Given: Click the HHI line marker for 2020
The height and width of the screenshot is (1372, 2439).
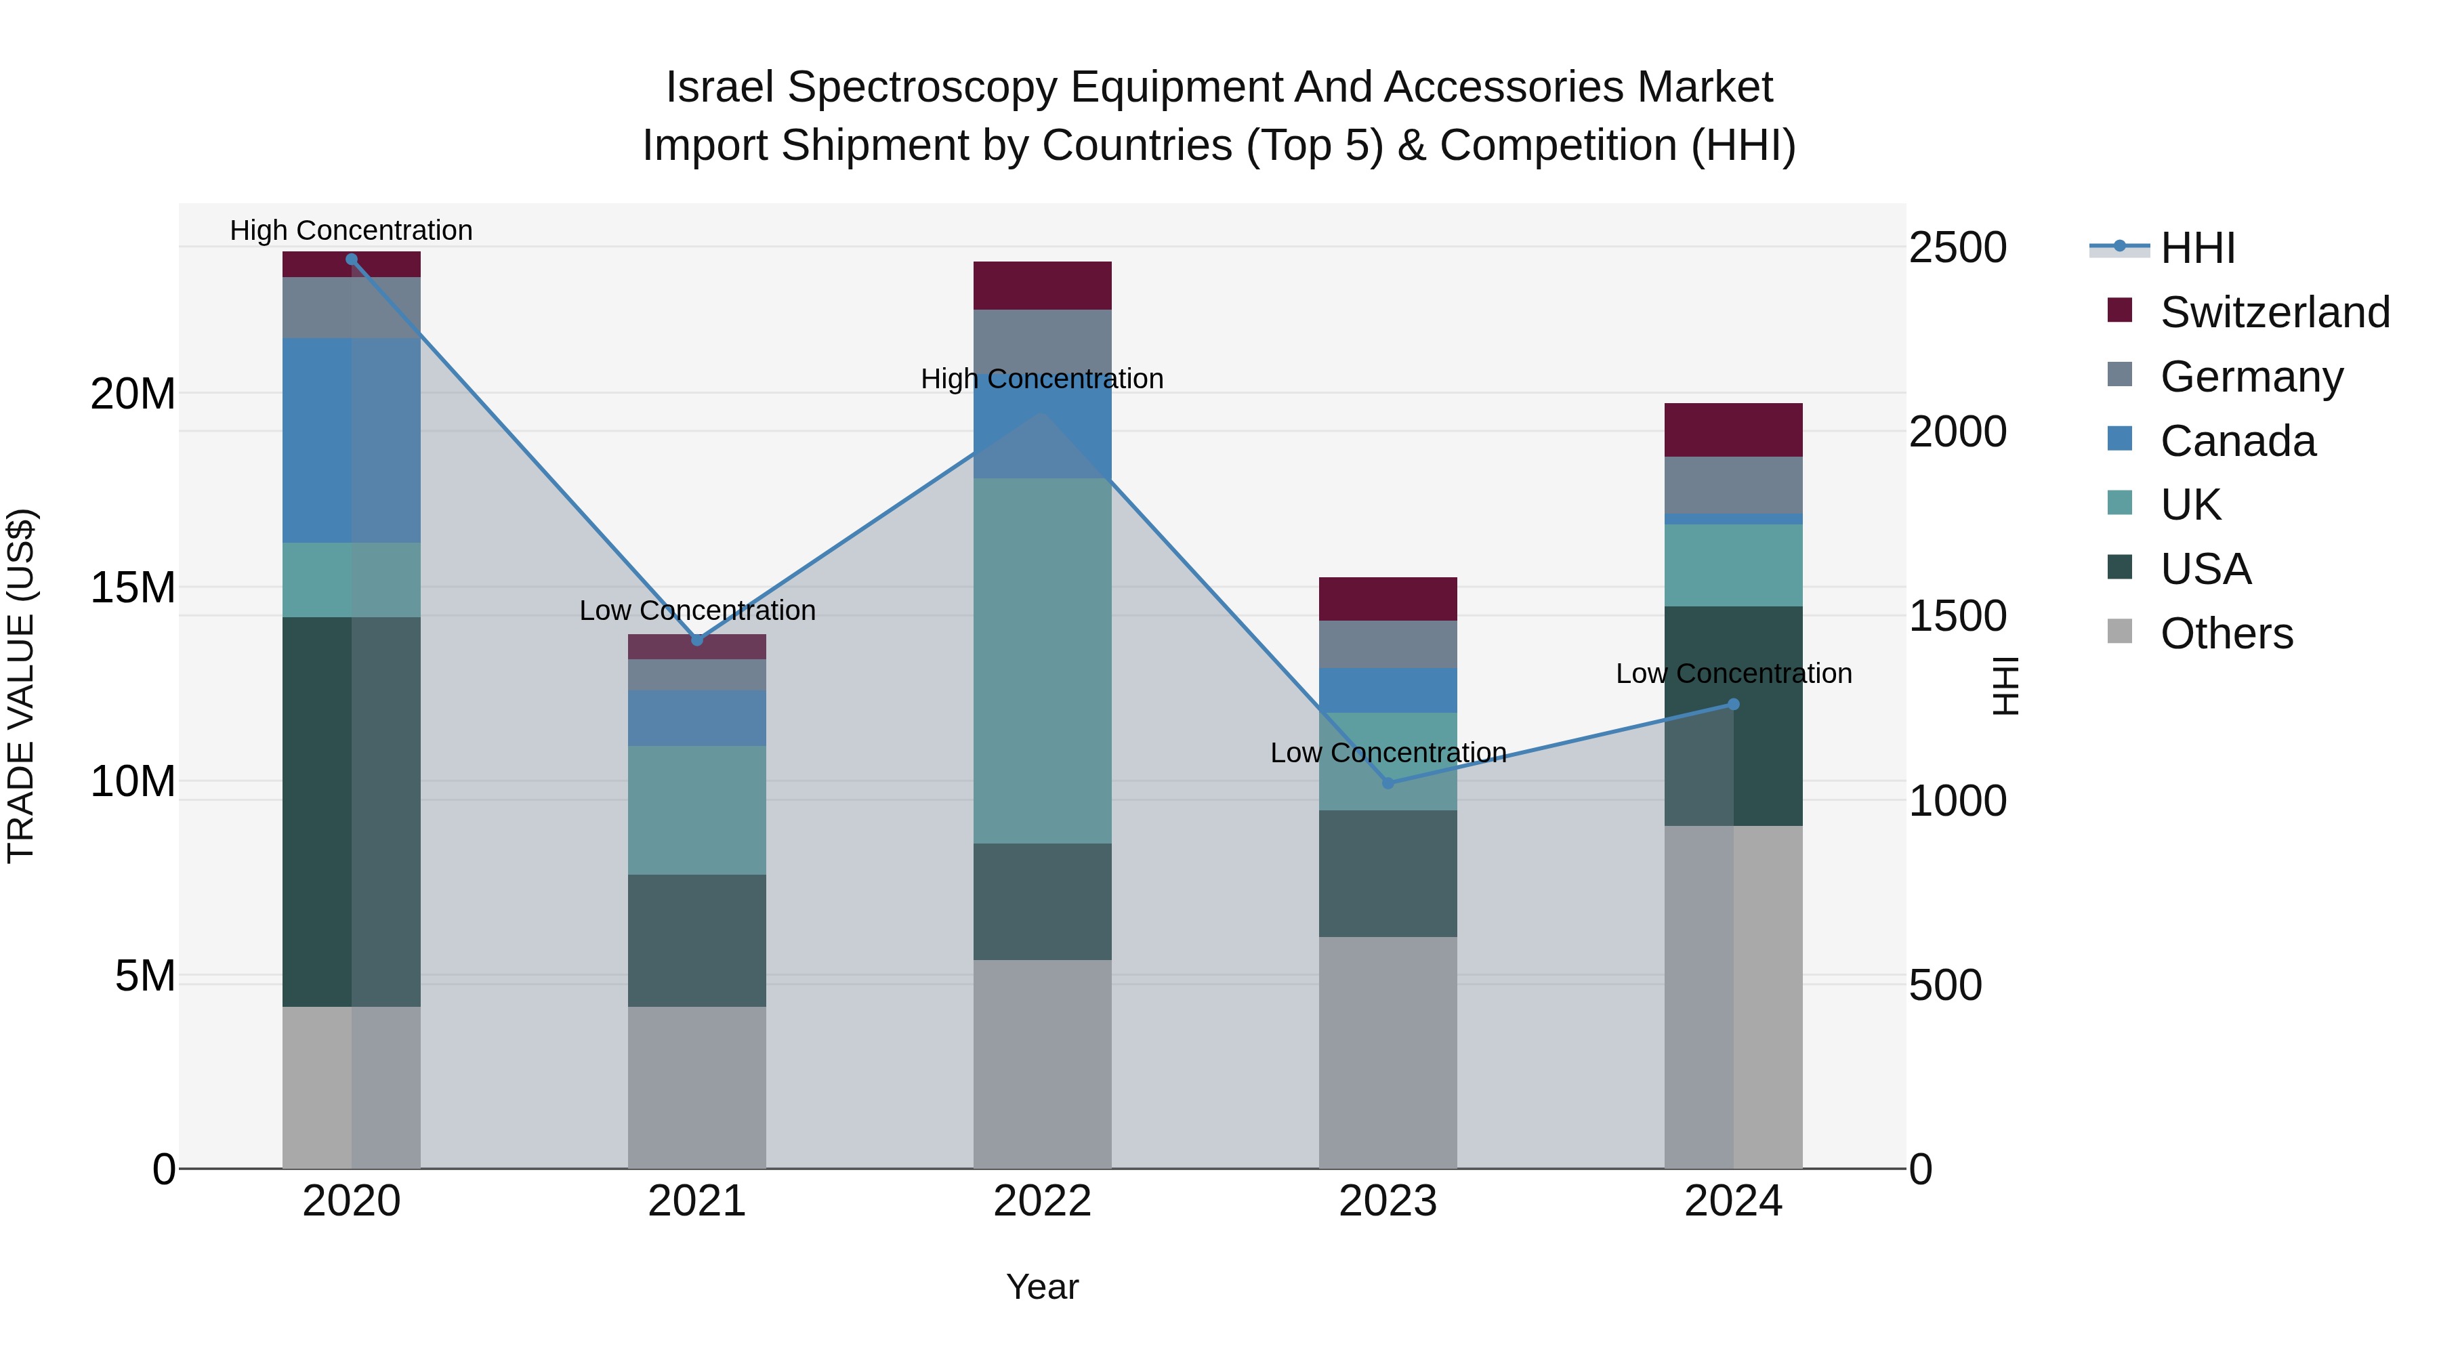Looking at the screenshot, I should pos(351,259).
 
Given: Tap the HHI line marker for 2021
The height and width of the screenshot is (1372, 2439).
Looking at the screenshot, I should pos(697,640).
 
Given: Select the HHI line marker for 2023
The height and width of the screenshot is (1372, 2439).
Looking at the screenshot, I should pos(1388,783).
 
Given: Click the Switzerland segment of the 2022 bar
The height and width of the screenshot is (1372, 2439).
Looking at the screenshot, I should pos(1043,285).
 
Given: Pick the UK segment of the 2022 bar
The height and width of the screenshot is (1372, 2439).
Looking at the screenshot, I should pos(1043,660).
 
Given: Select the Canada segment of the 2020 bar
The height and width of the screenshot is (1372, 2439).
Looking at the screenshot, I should pos(351,440).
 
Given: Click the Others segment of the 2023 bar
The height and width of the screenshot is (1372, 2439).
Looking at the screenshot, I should pos(1388,1052).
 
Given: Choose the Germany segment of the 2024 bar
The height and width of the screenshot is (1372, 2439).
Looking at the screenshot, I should pos(1734,485).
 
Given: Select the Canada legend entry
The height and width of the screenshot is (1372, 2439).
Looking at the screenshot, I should pos(2237,441).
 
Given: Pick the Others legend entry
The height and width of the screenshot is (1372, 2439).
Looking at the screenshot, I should pos(2226,633).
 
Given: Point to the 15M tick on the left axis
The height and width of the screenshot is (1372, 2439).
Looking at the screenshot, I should pos(133,588).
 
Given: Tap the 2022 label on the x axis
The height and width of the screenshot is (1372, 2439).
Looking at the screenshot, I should pos(1043,1201).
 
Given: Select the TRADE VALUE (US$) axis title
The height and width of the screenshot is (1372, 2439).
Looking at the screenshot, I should pos(21,686).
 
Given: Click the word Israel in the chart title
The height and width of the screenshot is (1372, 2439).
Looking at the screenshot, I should pos(720,88).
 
